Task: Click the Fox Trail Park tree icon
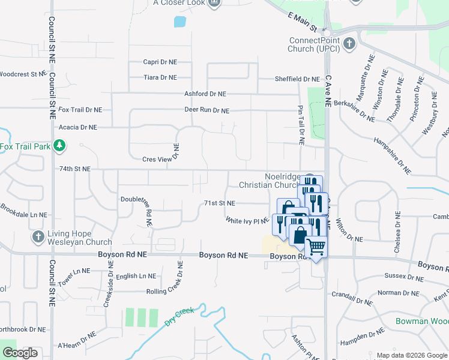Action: point(59,146)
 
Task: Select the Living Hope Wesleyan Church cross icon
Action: point(39,236)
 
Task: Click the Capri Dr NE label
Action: point(160,62)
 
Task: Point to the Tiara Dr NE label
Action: point(160,77)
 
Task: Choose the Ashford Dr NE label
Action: point(205,94)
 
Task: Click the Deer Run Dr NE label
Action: point(207,110)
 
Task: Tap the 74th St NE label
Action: point(74,169)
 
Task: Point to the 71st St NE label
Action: point(219,203)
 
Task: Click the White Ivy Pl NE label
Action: point(247,221)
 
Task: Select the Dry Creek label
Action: point(179,316)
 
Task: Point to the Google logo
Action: point(20,352)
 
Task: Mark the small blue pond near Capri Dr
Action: point(179,22)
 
